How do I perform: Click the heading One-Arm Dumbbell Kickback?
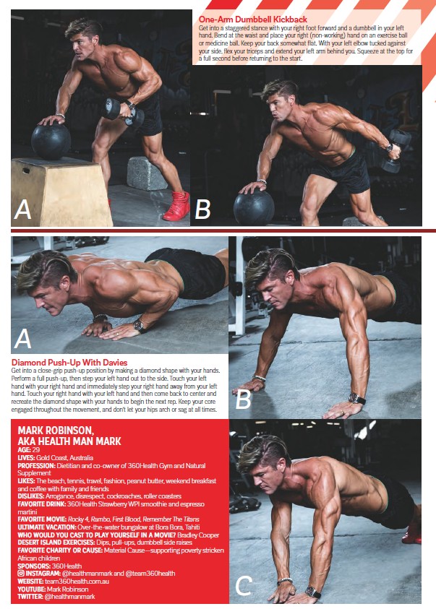tap(252, 19)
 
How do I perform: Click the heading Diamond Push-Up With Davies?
tap(69, 363)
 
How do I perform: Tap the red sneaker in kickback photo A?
tap(177, 206)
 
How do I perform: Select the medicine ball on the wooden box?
tap(51, 141)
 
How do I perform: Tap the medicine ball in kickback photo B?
tap(254, 207)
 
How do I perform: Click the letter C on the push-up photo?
tap(244, 586)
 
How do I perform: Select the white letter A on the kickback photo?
tap(22, 210)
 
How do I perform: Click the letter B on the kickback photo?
tap(202, 209)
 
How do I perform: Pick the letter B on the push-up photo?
tap(243, 399)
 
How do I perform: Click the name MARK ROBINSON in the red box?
tap(56, 431)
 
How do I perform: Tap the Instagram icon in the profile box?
tap(21, 573)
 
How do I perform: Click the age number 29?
tap(35, 450)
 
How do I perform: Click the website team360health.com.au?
tap(77, 581)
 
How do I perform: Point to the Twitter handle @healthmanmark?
tap(70, 596)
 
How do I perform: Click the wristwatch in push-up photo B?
tap(356, 399)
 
